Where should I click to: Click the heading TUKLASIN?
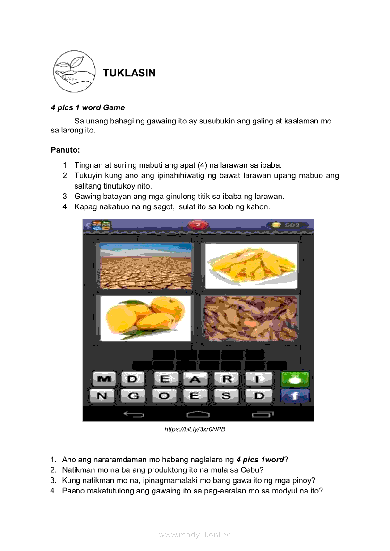pyautogui.click(x=129, y=73)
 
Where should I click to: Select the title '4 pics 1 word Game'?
pyautogui.click(x=88, y=108)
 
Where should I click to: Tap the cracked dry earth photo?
pyautogui.click(x=145, y=266)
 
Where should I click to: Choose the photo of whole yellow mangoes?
pyautogui.click(x=145, y=318)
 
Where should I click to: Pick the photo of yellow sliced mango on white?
pyautogui.click(x=251, y=266)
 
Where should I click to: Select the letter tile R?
pyautogui.click(x=227, y=379)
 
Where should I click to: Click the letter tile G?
pyautogui.click(x=134, y=396)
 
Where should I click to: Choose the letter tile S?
pyautogui.click(x=227, y=396)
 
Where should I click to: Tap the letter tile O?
pyautogui.click(x=164, y=396)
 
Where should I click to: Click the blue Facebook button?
pyautogui.click(x=295, y=396)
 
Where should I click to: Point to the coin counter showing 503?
pyautogui.click(x=288, y=225)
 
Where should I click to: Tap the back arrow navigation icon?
pyautogui.click(x=134, y=415)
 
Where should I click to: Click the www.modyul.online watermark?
pyautogui.click(x=195, y=535)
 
